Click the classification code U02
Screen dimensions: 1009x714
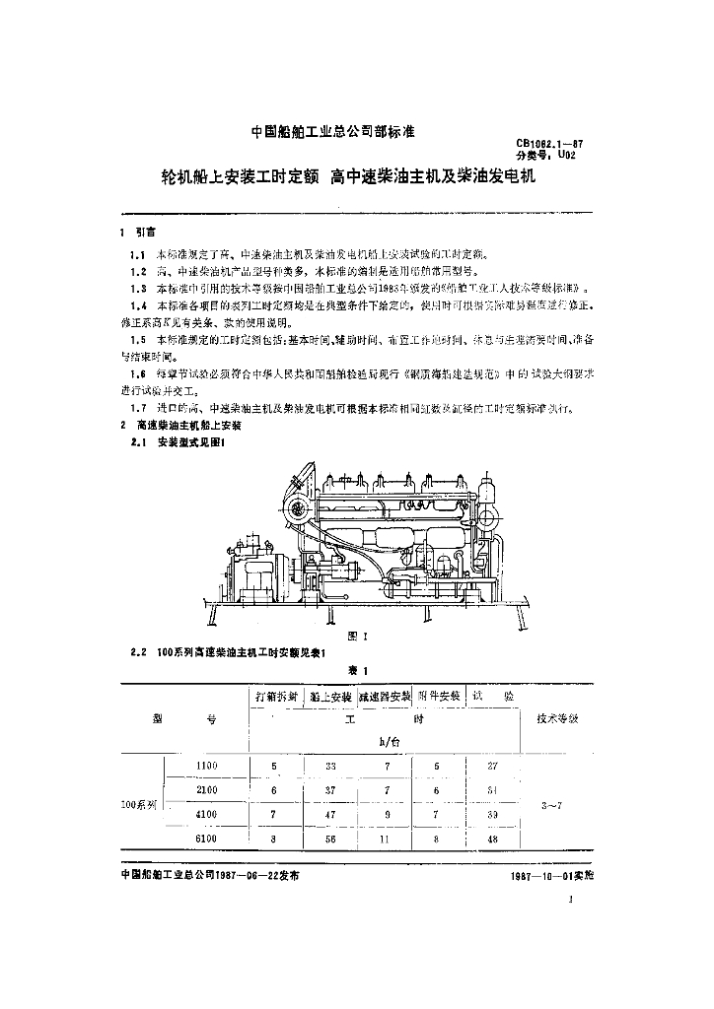565,155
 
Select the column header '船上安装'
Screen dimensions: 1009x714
330,695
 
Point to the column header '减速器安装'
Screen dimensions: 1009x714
386,695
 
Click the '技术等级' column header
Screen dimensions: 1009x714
558,717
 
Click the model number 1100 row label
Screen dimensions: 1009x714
206,766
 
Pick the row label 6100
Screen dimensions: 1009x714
206,839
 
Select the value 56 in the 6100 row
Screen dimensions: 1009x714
330,839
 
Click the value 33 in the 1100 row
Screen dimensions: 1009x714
330,766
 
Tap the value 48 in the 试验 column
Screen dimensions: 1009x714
493,839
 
